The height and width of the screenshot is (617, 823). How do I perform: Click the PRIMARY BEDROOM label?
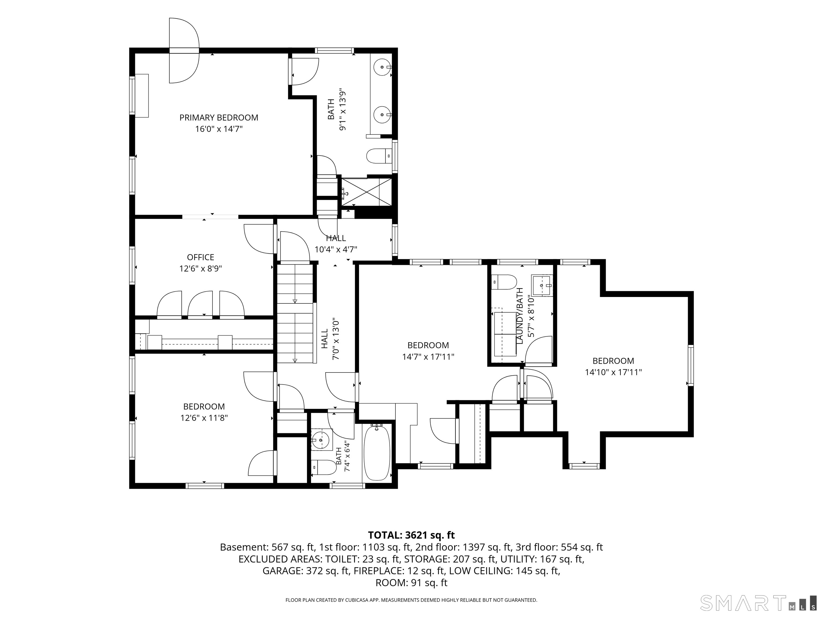coord(219,118)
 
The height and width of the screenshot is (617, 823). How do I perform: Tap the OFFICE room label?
coord(201,257)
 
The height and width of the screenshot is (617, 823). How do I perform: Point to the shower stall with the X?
coord(367,191)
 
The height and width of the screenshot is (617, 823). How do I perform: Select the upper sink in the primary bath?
coord(382,67)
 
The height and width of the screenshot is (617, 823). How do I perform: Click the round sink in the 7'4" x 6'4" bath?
coord(321,440)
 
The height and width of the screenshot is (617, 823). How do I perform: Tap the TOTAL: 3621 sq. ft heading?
coord(411,535)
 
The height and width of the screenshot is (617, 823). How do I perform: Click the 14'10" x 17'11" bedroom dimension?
coord(613,372)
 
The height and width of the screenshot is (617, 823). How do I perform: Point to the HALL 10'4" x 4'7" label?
coord(336,244)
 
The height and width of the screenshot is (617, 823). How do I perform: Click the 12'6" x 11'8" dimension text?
coord(204,418)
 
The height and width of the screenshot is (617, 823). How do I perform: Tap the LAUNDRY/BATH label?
coord(520,315)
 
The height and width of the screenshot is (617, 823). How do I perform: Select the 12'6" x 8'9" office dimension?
coord(201,269)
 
